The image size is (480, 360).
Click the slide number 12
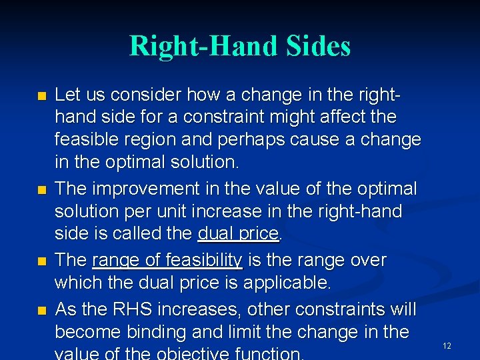coord(447,346)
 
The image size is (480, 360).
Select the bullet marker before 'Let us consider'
coord(43,95)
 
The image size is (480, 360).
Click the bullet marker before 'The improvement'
coord(43,190)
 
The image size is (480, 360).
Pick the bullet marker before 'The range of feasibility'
coord(43,261)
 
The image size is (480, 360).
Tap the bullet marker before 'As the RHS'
coord(43,311)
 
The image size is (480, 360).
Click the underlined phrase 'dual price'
coord(238,234)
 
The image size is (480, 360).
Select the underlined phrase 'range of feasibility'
coord(167,260)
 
